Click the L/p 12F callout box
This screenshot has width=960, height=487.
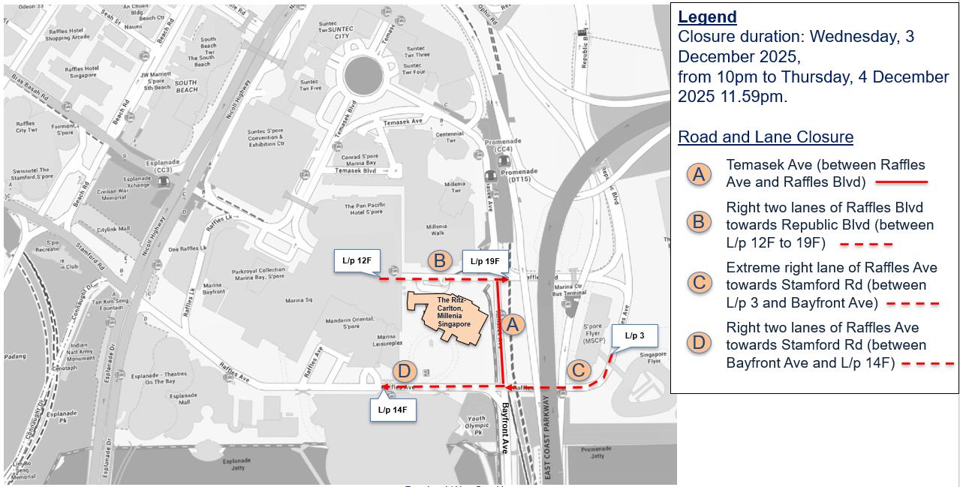[x=357, y=261]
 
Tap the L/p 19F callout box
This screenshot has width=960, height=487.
[x=486, y=261]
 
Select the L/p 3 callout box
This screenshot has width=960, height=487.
[x=634, y=335]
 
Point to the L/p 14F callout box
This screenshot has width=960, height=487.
[x=393, y=410]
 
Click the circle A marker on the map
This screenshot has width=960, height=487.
[x=513, y=324]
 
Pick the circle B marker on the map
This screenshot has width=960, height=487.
[x=440, y=260]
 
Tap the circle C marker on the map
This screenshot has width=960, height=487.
[x=578, y=370]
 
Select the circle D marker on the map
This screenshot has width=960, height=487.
[x=404, y=371]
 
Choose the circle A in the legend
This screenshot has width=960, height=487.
[x=699, y=174]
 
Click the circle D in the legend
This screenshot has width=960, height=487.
[x=699, y=344]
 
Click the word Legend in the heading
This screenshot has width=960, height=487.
[x=707, y=17]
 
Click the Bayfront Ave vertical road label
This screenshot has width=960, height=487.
[x=505, y=428]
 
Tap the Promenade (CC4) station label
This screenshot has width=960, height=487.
[x=502, y=145]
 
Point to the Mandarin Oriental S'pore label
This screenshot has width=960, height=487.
[x=342, y=323]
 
